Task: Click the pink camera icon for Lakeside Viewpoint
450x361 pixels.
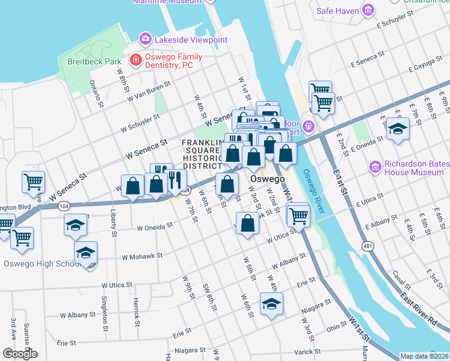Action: (x=145, y=40)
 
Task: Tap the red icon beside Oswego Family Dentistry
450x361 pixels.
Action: (x=135, y=61)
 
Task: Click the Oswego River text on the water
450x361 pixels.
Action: (x=313, y=191)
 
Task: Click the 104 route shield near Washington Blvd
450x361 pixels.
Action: (x=63, y=206)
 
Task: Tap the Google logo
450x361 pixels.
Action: (x=20, y=354)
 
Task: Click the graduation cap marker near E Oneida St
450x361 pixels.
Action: (x=398, y=129)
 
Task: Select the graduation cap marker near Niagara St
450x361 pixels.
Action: (x=271, y=304)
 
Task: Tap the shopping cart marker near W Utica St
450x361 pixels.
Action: (x=298, y=214)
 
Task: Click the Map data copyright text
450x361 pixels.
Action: (x=424, y=356)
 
